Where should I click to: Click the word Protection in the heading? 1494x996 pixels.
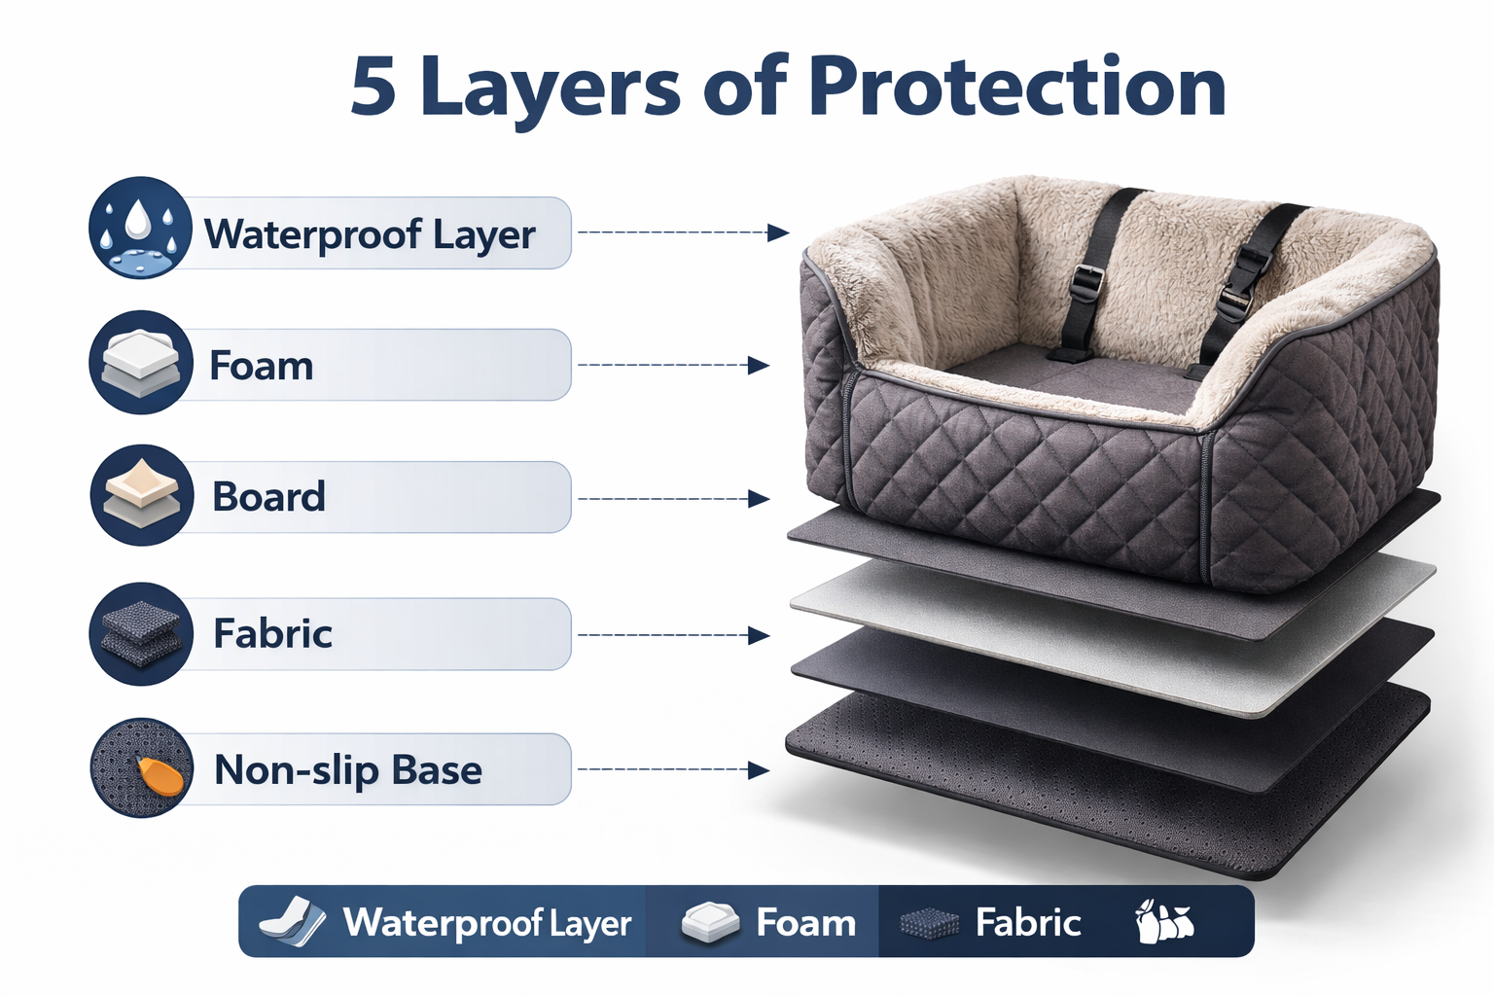(x=1016, y=88)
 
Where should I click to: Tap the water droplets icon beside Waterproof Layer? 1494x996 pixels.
(x=140, y=229)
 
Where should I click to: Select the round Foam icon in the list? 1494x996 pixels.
(x=141, y=363)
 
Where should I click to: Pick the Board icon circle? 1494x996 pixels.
(x=141, y=496)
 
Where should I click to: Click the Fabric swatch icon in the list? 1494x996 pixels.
(x=141, y=633)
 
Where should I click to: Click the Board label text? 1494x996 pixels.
(x=268, y=497)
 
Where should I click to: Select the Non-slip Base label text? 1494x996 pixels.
(x=347, y=770)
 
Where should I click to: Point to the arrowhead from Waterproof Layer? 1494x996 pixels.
(x=777, y=232)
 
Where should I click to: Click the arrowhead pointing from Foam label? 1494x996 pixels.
(x=759, y=366)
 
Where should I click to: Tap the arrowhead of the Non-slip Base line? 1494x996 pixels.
(x=759, y=770)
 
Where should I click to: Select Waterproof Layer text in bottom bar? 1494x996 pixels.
(x=486, y=922)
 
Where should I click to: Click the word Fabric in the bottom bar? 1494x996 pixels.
(x=1027, y=922)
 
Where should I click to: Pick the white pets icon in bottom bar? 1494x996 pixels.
(x=1163, y=922)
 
